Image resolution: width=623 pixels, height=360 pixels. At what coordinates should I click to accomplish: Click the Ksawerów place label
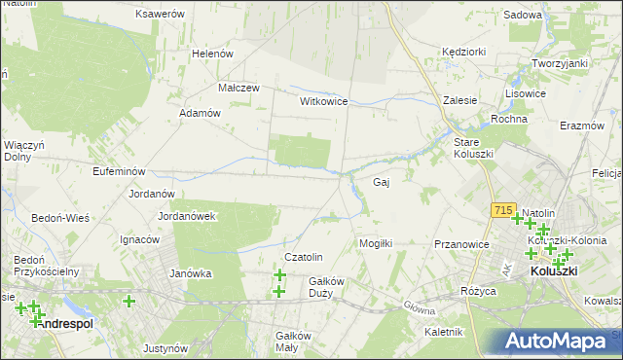pyautogui.click(x=161, y=15)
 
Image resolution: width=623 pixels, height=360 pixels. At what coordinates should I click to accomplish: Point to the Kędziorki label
pyautogui.click(x=463, y=50)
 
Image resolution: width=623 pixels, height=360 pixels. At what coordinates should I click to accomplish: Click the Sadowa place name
pyautogui.click(x=523, y=16)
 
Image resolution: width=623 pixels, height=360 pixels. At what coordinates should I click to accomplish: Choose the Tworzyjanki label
pyautogui.click(x=560, y=63)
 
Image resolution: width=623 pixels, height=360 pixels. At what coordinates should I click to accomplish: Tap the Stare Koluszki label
pyautogui.click(x=474, y=148)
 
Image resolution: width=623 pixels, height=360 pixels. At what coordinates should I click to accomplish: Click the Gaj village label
pyautogui.click(x=382, y=182)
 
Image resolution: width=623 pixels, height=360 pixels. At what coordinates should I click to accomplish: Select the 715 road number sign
pyautogui.click(x=503, y=209)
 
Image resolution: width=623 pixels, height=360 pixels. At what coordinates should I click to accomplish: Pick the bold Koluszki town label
pyautogui.click(x=554, y=273)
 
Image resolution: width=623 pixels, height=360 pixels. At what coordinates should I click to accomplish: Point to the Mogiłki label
pyautogui.click(x=376, y=243)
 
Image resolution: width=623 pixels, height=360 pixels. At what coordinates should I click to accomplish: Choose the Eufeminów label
pyautogui.click(x=92, y=171)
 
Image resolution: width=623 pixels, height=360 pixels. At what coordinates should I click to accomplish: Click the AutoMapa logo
pyautogui.click(x=556, y=342)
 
